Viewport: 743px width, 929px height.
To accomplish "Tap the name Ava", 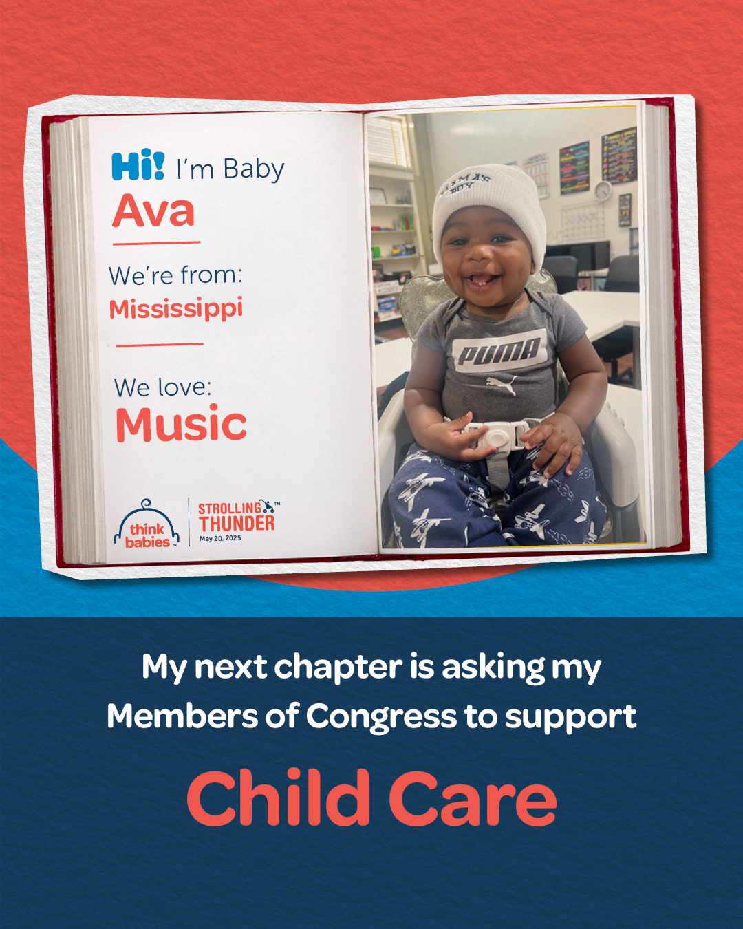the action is click(x=153, y=211).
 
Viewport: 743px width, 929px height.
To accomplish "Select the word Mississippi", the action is click(x=176, y=309).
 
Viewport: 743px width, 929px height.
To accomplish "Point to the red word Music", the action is click(x=182, y=423).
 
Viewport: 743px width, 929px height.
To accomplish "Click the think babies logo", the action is click(x=147, y=524).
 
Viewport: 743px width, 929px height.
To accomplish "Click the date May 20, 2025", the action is click(x=220, y=538).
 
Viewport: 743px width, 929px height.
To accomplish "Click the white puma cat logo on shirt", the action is click(x=502, y=385).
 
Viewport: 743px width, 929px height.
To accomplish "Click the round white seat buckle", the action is click(x=494, y=437).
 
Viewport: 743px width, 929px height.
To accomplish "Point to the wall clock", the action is click(x=602, y=191).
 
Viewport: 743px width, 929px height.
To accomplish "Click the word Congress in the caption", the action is click(x=381, y=716).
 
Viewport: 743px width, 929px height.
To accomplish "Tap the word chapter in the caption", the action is click(x=338, y=668).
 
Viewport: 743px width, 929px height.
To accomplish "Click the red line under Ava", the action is click(x=156, y=243).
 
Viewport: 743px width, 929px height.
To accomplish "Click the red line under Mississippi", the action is click(x=160, y=345).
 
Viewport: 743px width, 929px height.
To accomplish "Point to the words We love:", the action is click(x=163, y=387).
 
